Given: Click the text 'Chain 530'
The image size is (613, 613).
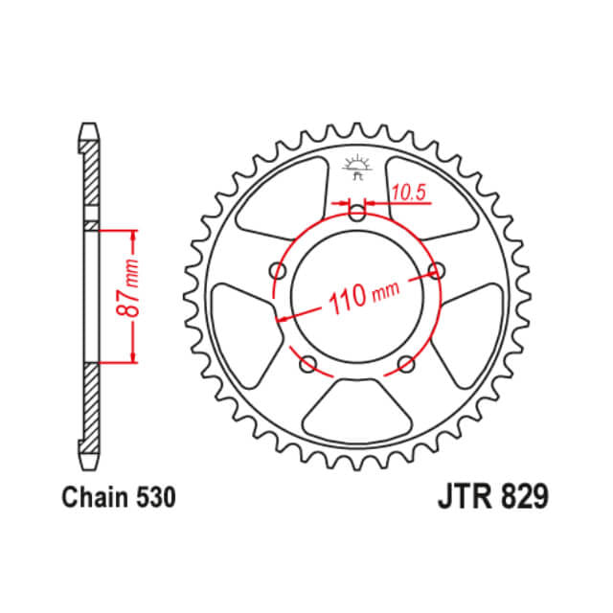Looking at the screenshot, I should [x=118, y=498].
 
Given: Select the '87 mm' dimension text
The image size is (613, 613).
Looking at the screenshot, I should [x=134, y=292].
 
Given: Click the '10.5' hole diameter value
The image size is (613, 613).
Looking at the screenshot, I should [x=408, y=193].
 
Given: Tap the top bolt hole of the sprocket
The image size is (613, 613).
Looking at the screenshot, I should [x=357, y=213].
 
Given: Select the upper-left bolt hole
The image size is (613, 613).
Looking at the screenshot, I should [x=279, y=269].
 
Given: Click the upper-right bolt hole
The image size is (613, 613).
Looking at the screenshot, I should [x=437, y=269].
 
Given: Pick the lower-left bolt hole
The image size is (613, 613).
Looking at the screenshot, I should [x=308, y=363].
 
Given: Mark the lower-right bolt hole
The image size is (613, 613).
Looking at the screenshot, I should [x=406, y=363].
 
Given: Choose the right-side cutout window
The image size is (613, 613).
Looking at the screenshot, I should [x=473, y=326].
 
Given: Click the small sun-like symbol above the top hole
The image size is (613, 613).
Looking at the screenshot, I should [x=357, y=164].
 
